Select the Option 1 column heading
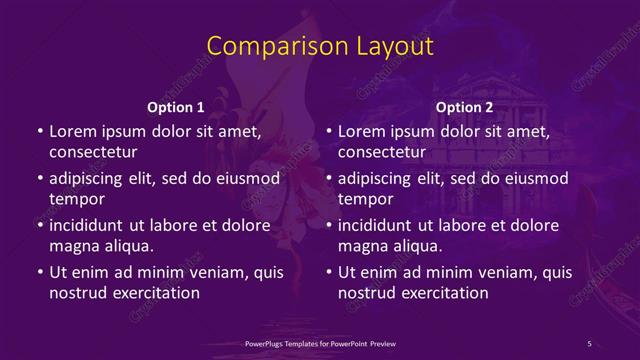coord(176,107)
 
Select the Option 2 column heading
coord(465,107)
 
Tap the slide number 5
coord(589,343)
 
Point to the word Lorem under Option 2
coord(362,131)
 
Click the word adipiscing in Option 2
coord(380,178)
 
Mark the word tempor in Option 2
coord(362,199)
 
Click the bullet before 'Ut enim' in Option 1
coord(39,272)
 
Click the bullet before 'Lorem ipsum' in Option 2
coord(328,131)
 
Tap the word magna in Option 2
coord(362,246)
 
